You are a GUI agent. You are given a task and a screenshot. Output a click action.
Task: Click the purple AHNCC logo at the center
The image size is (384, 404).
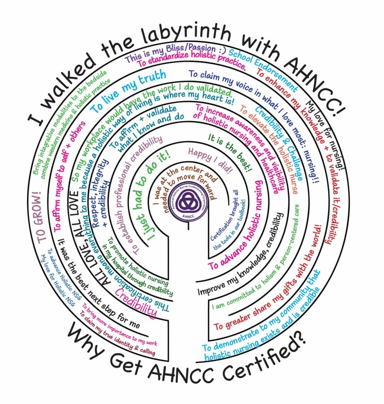click(x=188, y=202)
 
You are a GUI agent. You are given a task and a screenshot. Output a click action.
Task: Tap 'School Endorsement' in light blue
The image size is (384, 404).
click(x=262, y=69)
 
